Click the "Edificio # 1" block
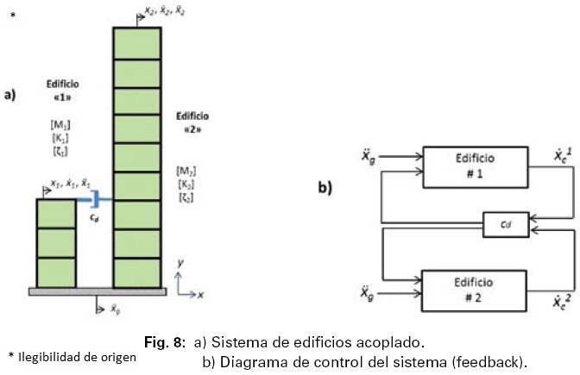[x=474, y=166]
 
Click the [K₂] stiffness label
[x=186, y=184]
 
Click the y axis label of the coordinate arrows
[x=178, y=260]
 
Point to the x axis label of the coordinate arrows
[x=199, y=295]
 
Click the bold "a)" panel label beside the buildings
[x=10, y=95]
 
